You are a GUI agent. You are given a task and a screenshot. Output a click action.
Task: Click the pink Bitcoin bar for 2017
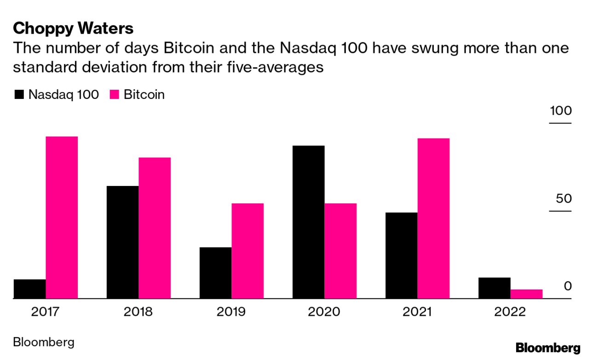coord(62,217)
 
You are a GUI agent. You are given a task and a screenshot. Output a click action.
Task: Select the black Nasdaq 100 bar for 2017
coord(29,289)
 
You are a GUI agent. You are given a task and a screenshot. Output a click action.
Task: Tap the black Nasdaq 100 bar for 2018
coord(122,242)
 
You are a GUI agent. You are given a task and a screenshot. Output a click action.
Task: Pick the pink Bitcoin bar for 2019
coord(248,251)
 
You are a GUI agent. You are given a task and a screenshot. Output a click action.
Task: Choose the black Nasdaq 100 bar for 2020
coord(308,222)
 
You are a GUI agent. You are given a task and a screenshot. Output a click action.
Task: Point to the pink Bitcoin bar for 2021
coord(433,218)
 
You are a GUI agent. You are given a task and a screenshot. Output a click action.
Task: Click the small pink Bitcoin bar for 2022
coord(526,294)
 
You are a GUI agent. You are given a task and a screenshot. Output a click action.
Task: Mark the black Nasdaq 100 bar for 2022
coord(494,288)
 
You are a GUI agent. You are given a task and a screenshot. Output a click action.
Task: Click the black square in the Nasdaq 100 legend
coord(19,95)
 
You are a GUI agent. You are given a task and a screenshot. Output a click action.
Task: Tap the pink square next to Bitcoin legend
coord(115,95)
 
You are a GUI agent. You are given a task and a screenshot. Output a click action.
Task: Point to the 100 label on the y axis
coord(560,111)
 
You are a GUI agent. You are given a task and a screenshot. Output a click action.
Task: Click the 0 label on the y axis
coord(567,286)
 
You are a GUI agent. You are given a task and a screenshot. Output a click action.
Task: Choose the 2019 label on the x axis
coord(231,312)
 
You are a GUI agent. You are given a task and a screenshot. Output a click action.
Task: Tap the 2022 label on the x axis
coord(510,312)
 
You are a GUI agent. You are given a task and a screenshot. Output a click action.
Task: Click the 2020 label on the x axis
coord(324,312)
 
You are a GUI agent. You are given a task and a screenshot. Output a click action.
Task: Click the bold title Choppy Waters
coord(73,29)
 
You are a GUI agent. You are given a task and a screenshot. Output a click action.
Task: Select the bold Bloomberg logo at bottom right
coord(548,348)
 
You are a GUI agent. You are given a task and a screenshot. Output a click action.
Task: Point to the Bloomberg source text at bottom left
coord(44,343)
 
